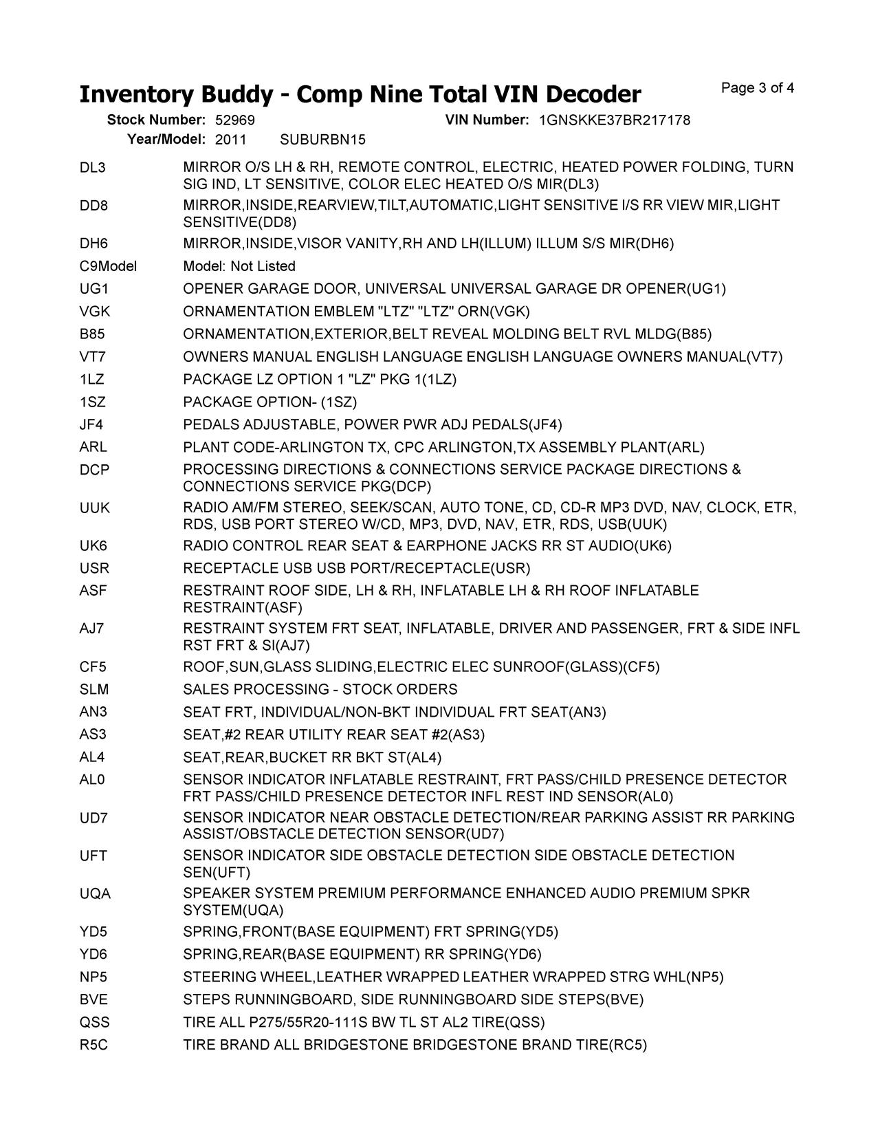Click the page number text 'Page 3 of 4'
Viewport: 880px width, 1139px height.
(758, 88)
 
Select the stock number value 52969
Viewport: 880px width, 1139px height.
(234, 120)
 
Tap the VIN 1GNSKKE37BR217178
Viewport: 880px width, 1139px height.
(615, 120)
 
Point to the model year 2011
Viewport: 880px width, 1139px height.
(230, 140)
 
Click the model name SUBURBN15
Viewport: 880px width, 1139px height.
(323, 140)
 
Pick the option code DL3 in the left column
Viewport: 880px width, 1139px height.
(93, 167)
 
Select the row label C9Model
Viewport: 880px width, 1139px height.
(108, 266)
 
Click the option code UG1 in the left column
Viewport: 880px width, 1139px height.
(93, 289)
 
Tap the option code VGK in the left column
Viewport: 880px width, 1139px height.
(94, 312)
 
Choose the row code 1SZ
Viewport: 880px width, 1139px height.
(93, 402)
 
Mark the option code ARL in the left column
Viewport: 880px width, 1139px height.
(93, 447)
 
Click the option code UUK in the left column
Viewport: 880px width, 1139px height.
(94, 508)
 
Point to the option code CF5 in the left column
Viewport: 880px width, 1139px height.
(93, 666)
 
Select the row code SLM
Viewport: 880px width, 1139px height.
(93, 689)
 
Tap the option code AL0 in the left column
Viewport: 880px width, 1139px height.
(92, 779)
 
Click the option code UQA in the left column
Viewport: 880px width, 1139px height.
(94, 893)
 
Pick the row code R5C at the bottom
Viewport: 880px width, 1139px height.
(93, 1045)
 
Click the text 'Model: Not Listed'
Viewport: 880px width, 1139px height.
(239, 266)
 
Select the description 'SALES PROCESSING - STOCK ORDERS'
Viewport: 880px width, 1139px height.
(320, 689)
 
